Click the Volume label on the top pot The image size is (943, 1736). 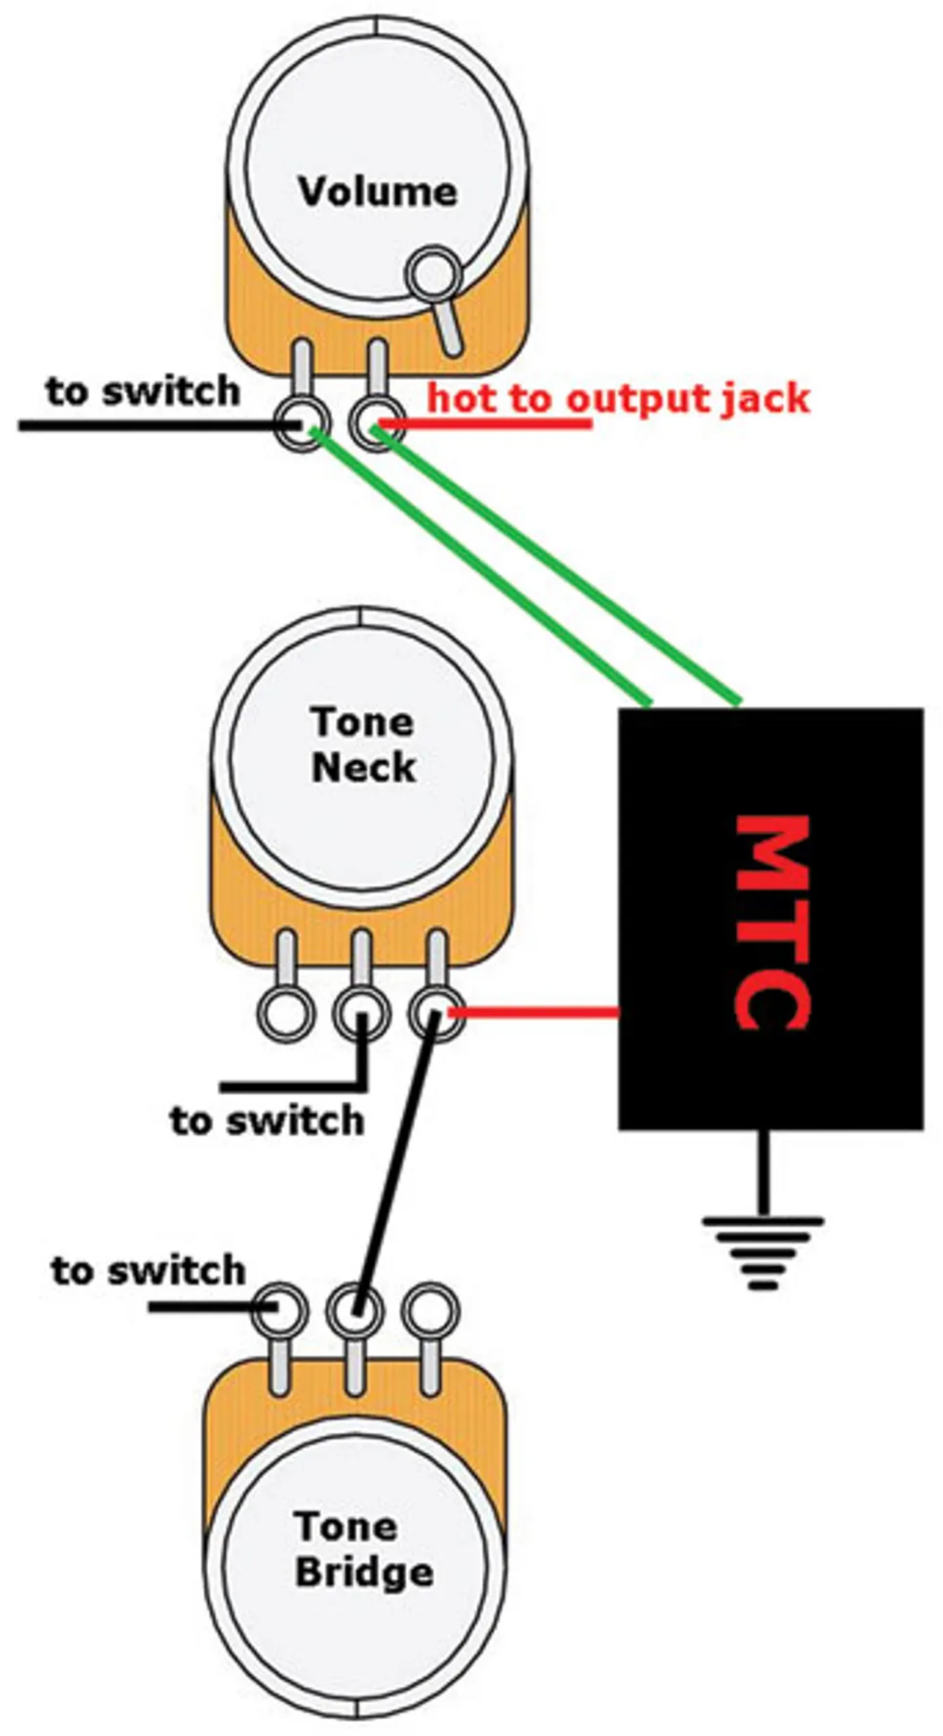coord(377,191)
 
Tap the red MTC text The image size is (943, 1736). coord(771,922)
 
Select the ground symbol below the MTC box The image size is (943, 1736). coord(763,1250)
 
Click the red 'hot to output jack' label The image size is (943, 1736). coord(618,397)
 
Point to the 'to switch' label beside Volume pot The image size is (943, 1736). coord(142,391)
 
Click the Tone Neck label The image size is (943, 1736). coord(363,744)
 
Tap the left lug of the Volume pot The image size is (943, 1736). coord(302,423)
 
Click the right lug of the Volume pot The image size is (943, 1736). coord(376,423)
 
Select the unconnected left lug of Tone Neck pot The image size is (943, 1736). coord(286,1013)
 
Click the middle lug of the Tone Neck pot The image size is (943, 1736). coord(361,1013)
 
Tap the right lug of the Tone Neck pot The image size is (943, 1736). coord(436,1013)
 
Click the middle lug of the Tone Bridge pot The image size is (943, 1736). coord(355,1309)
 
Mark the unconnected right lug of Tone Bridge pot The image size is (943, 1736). coord(429,1309)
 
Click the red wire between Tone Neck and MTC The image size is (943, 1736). coord(534,1012)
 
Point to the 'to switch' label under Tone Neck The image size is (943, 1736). coord(267,1120)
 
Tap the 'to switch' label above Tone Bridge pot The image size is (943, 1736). coord(148,1271)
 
